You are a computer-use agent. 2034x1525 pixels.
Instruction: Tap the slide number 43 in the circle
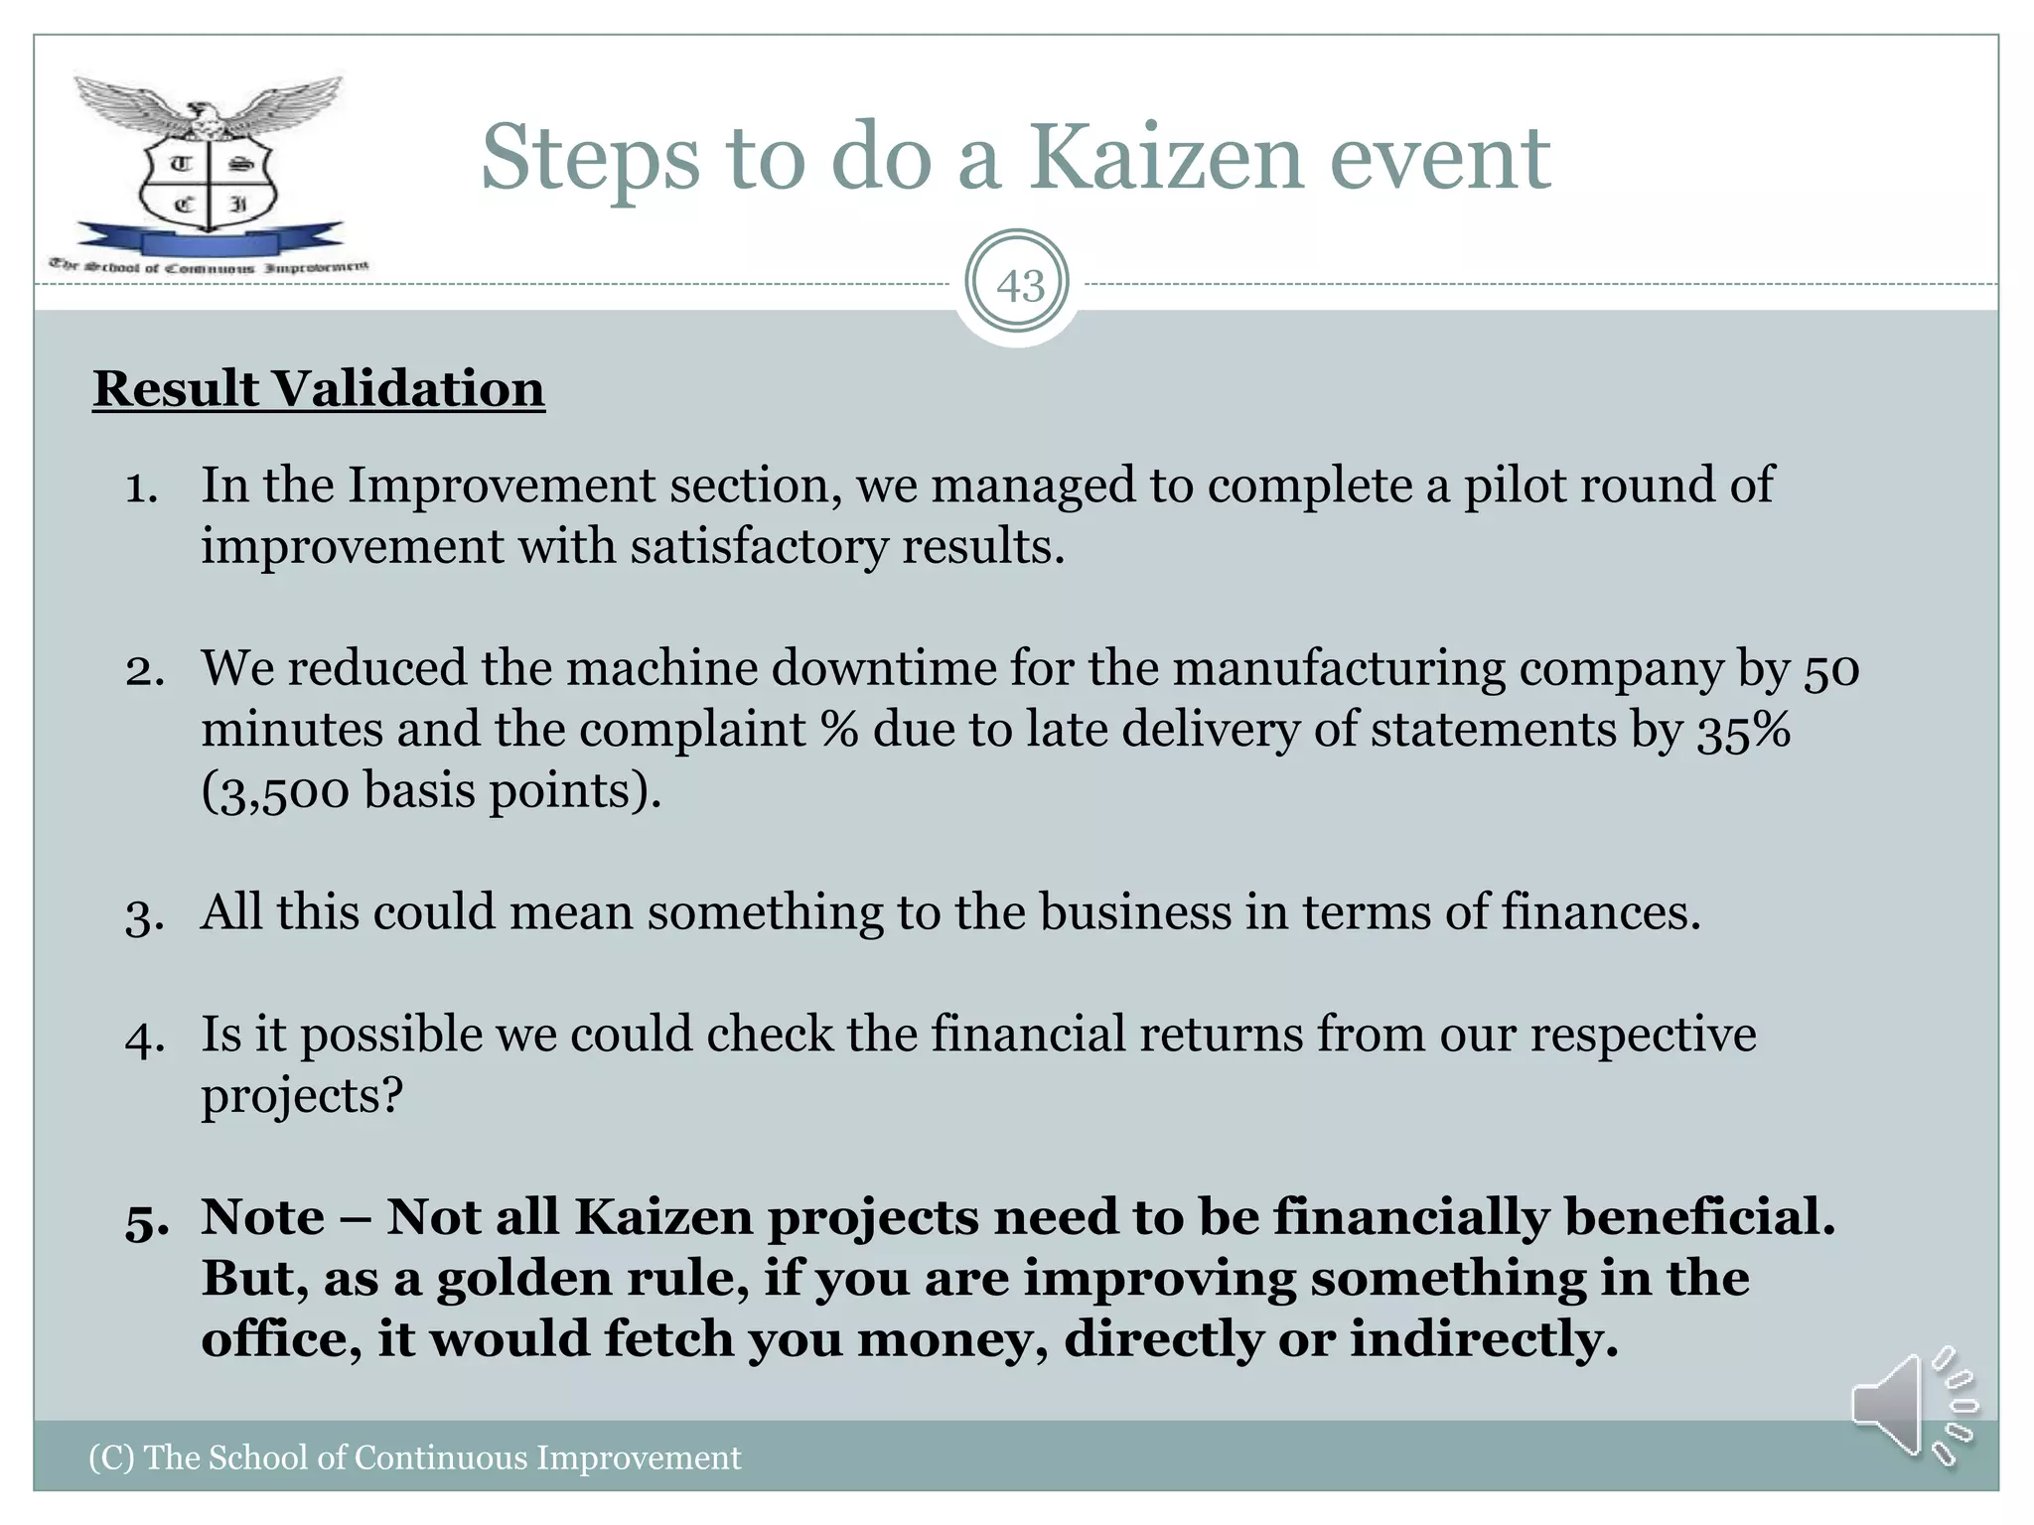click(1019, 286)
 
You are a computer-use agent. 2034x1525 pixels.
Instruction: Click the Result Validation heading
click(319, 388)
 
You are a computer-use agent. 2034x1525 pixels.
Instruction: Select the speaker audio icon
click(1912, 1406)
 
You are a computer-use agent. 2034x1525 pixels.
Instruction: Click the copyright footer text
click(414, 1457)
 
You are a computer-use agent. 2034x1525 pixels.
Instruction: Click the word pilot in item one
click(1514, 486)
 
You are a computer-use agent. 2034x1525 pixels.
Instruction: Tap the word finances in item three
click(1600, 911)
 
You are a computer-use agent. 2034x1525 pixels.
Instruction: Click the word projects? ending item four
click(302, 1096)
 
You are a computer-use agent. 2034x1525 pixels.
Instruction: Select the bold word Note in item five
click(263, 1217)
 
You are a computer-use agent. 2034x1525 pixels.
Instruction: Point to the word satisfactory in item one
click(759, 547)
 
